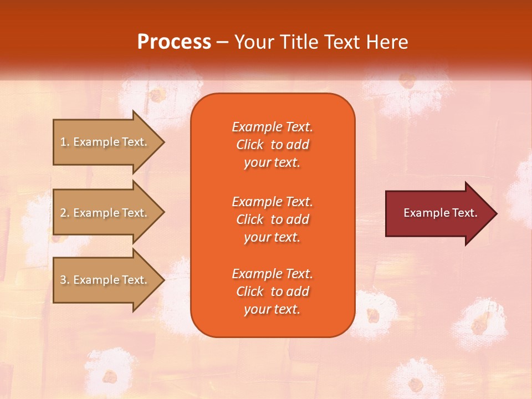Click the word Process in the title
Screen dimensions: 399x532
pos(174,42)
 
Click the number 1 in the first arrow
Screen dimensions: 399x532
pos(63,142)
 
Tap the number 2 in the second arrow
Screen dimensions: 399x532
pos(63,213)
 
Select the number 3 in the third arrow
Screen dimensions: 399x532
pos(63,280)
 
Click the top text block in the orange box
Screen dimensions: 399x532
pos(272,145)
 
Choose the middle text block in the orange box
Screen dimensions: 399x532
pos(272,219)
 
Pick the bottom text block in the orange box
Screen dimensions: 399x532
pos(272,291)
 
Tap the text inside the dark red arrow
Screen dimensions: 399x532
pos(440,213)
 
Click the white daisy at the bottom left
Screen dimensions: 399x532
pos(111,371)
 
